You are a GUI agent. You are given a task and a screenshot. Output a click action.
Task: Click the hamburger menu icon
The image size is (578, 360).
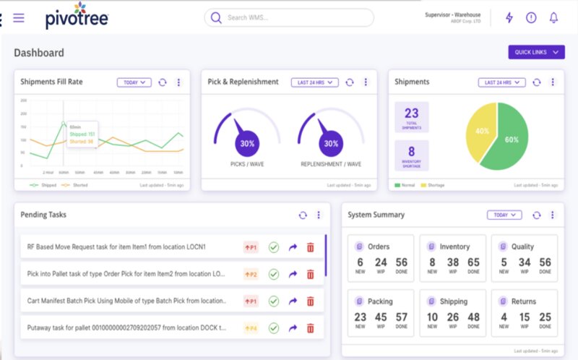(x=19, y=18)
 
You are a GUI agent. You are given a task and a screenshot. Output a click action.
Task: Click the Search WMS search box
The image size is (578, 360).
(x=289, y=17)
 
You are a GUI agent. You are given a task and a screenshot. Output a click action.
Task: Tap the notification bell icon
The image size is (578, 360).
(x=553, y=17)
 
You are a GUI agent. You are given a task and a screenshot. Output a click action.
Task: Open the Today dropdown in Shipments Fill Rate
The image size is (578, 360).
(x=134, y=82)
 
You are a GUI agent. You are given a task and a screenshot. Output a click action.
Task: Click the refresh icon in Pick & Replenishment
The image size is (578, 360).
(x=350, y=82)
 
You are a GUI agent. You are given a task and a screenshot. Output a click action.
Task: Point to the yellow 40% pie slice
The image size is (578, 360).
(x=480, y=132)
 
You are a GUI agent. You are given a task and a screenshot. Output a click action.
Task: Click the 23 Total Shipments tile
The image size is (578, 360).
(x=411, y=116)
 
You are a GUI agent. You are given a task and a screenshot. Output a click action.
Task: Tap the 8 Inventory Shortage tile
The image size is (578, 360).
(x=411, y=155)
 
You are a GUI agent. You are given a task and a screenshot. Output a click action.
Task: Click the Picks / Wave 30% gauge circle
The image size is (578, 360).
(x=247, y=143)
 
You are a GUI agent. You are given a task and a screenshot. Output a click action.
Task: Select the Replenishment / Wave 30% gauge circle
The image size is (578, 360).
(x=330, y=143)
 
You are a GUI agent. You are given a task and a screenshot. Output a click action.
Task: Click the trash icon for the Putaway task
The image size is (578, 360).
(x=311, y=328)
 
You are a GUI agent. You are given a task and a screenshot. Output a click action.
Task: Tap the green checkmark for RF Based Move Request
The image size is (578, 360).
(x=273, y=247)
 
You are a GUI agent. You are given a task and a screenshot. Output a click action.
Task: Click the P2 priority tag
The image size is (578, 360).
(x=251, y=274)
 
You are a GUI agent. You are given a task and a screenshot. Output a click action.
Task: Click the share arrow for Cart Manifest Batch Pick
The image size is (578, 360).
(x=293, y=301)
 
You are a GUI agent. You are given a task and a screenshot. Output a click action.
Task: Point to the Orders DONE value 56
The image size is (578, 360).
(x=402, y=263)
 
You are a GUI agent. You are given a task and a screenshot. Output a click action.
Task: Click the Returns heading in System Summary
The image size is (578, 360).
(x=522, y=301)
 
